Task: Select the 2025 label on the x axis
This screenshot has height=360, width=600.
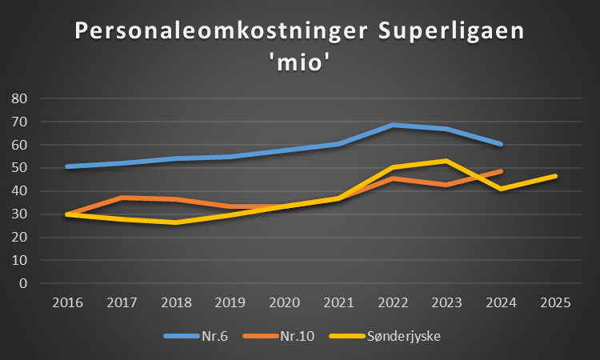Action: click(554, 303)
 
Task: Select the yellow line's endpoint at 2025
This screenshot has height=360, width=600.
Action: click(554, 176)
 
